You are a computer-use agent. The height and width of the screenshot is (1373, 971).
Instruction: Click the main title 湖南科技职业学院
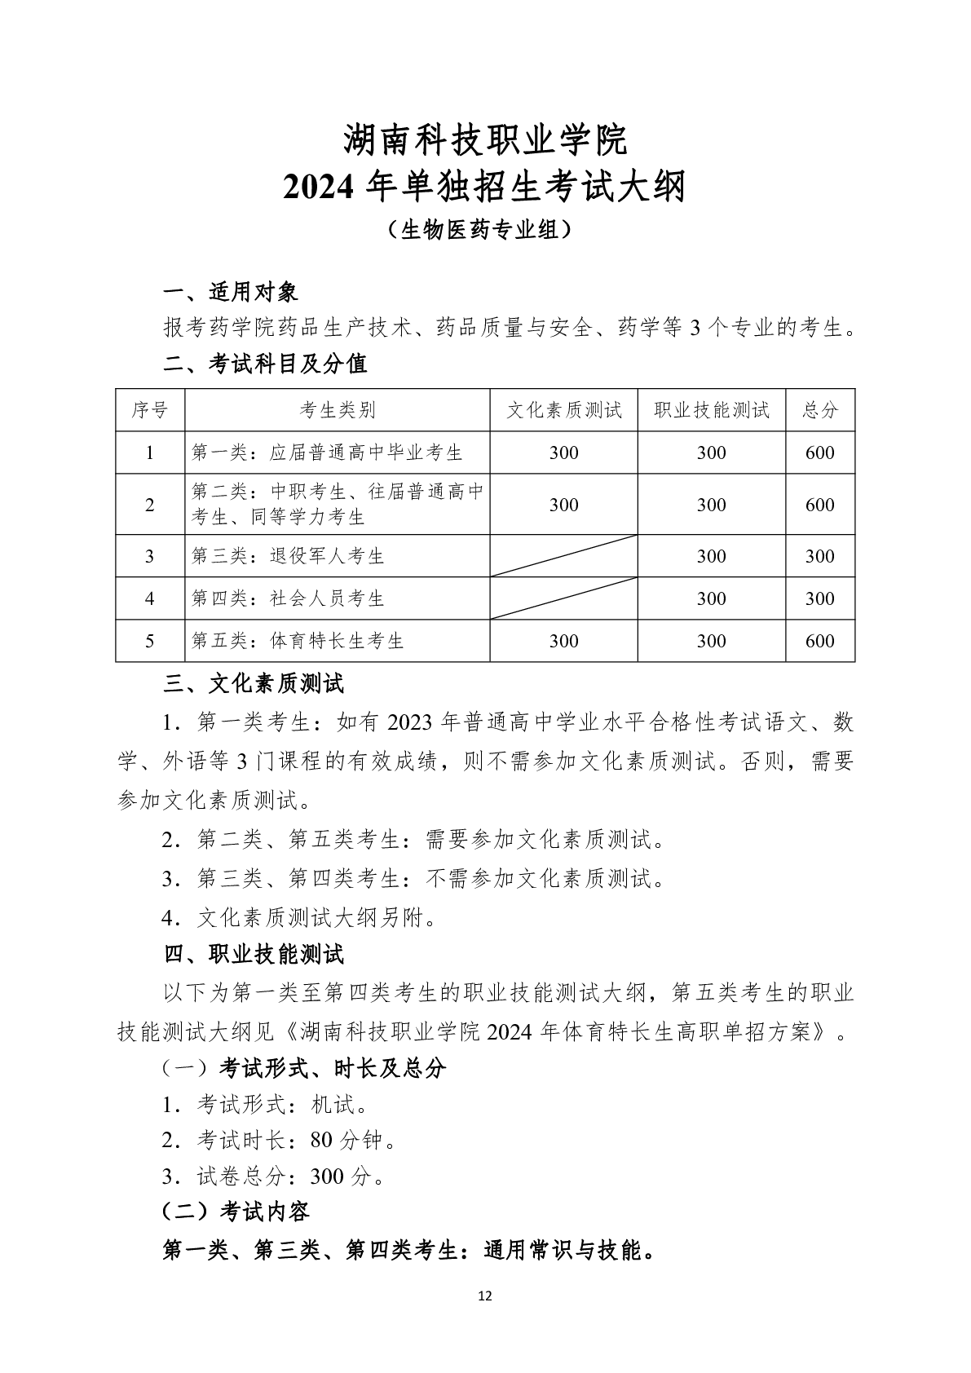click(485, 140)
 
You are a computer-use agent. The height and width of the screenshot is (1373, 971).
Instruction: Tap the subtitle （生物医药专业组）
click(485, 231)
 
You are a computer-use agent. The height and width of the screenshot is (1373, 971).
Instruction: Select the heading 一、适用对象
click(231, 292)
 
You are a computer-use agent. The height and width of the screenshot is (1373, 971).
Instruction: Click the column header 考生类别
click(337, 410)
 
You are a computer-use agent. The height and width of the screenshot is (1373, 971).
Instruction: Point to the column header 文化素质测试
click(563, 410)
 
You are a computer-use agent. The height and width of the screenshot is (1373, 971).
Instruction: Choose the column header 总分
click(819, 410)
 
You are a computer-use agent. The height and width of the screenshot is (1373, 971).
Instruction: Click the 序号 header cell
click(150, 410)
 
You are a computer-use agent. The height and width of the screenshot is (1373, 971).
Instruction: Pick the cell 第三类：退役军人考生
click(288, 556)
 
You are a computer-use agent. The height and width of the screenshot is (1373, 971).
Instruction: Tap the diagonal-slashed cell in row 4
click(563, 598)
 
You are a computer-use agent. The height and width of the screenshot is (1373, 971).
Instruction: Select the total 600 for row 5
click(819, 641)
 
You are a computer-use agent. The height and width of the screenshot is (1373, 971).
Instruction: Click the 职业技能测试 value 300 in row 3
click(711, 556)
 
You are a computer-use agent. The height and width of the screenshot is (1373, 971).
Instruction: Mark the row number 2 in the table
click(150, 505)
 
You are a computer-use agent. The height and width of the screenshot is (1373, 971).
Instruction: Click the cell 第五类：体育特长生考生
click(298, 641)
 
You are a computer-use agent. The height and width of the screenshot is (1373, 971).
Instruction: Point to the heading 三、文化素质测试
click(254, 683)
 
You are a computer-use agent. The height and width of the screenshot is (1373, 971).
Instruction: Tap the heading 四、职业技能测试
click(254, 954)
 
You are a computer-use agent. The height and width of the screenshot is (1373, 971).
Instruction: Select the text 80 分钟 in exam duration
click(346, 1141)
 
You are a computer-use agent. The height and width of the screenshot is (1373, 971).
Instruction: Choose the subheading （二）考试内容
click(236, 1212)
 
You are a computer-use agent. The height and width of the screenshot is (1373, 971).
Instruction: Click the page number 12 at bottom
click(485, 1296)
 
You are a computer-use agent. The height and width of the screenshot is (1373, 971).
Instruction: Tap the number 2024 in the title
click(318, 188)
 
